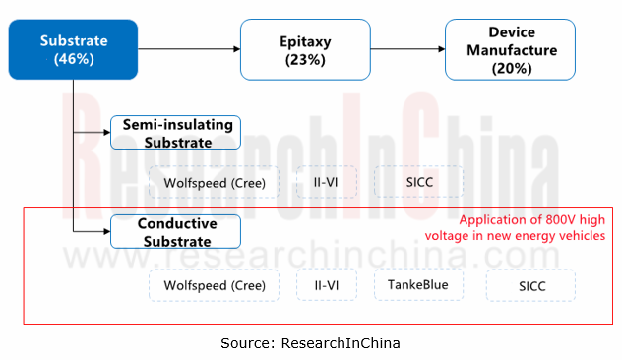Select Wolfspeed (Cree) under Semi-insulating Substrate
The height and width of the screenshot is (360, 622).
click(214, 181)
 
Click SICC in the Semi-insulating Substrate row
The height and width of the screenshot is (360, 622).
click(418, 181)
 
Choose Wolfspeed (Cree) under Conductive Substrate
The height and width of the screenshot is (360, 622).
click(214, 286)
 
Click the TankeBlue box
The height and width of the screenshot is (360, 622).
click(417, 285)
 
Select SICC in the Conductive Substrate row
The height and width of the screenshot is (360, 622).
click(530, 286)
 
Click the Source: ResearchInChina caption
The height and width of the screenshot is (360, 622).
click(310, 342)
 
